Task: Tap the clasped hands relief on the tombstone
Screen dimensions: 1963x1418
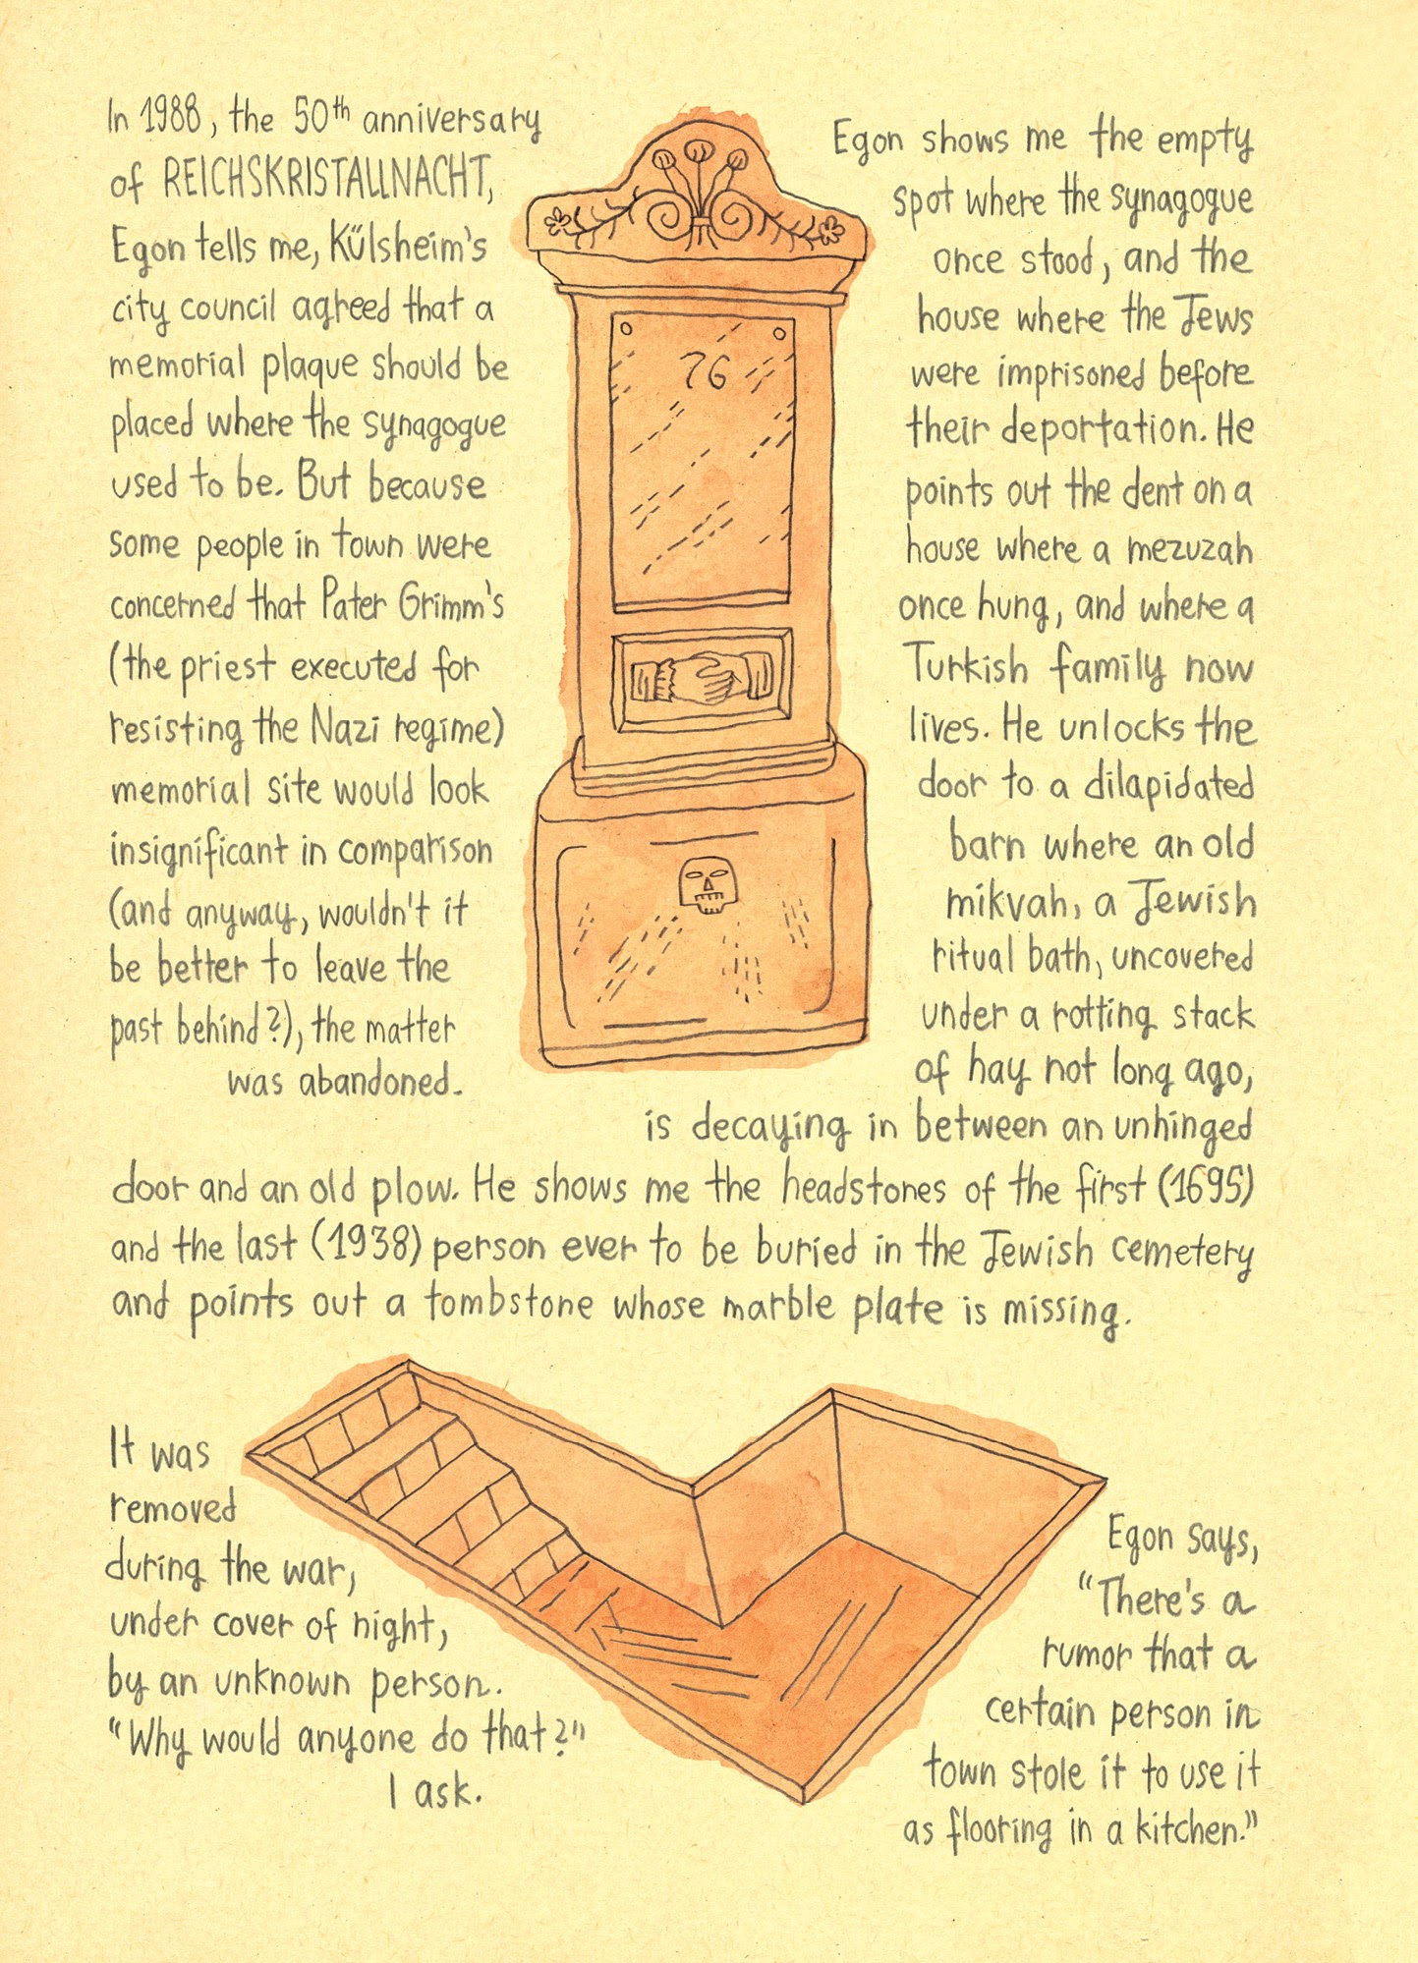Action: click(x=701, y=678)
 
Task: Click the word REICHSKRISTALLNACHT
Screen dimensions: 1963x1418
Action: click(x=324, y=181)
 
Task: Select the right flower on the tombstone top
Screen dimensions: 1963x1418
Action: click(x=832, y=233)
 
